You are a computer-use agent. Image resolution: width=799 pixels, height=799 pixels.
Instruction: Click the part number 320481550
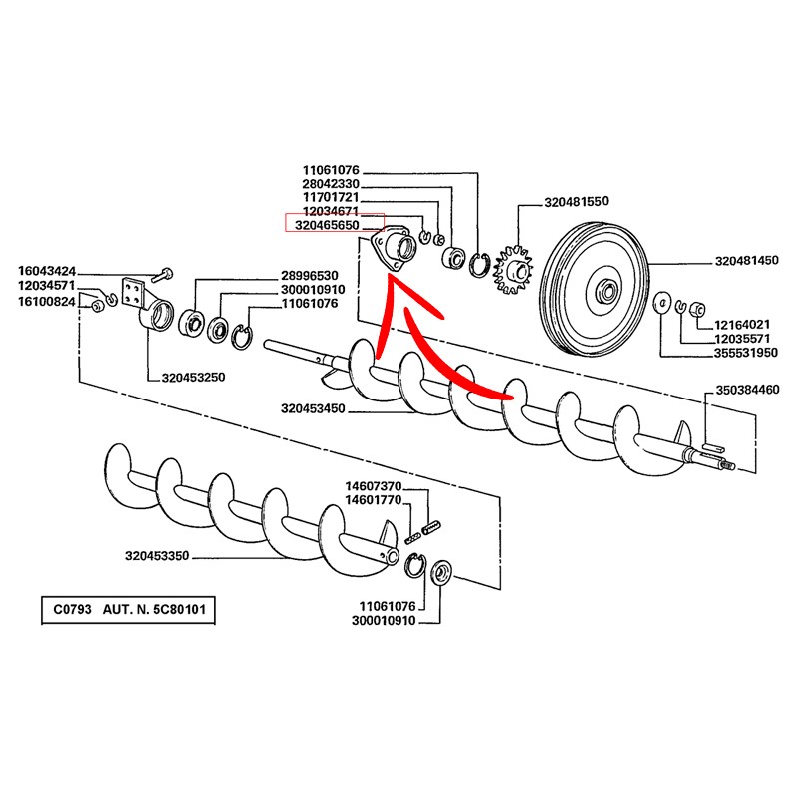tap(576, 201)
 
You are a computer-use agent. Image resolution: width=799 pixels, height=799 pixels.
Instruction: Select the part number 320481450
tap(746, 261)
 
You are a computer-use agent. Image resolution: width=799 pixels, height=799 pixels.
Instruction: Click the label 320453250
tap(195, 378)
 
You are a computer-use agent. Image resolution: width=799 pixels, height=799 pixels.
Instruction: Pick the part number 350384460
tap(747, 390)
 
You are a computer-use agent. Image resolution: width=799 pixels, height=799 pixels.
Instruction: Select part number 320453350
tap(160, 556)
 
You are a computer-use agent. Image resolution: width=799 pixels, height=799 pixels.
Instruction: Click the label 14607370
tap(372, 485)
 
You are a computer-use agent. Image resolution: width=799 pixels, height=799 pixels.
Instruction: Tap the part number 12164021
tap(741, 325)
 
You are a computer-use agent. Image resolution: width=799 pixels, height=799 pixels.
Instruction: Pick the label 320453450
tap(314, 408)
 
